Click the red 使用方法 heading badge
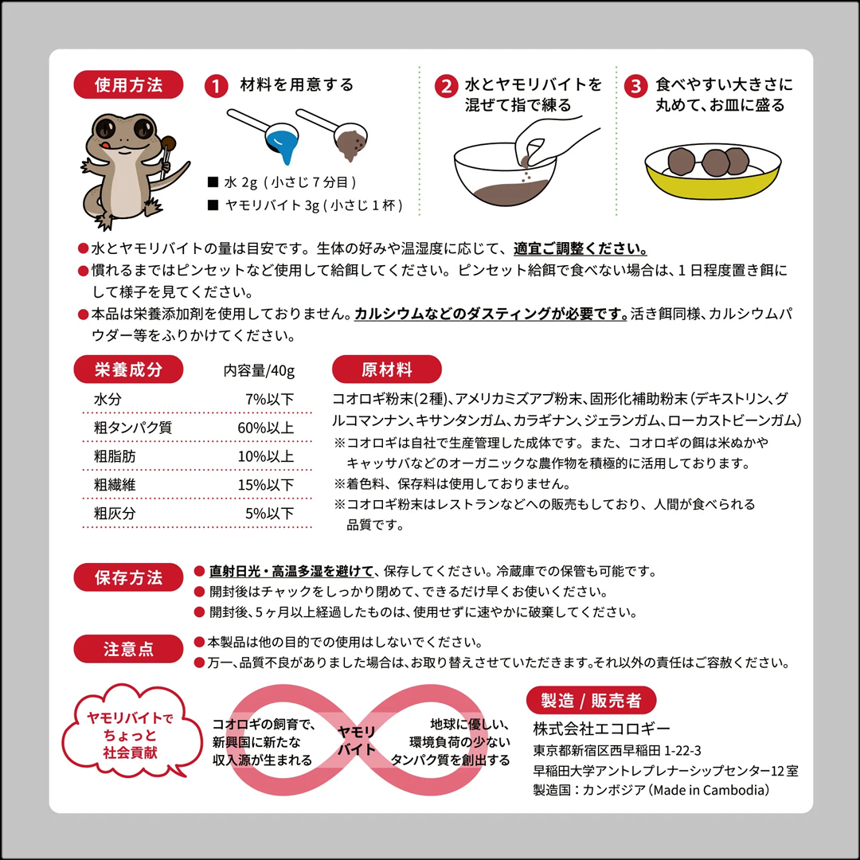point(128,84)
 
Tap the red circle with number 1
point(216,86)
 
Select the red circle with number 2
point(448,86)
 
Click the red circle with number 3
point(635,86)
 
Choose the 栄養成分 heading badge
point(128,369)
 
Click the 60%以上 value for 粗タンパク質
point(269,428)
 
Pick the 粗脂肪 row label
point(114,456)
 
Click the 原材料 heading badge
point(386,369)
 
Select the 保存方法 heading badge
point(128,577)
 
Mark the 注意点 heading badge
point(128,648)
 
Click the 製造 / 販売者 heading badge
point(591,701)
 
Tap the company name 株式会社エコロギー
point(601,729)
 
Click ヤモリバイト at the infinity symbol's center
point(356,741)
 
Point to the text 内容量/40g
point(260,371)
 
